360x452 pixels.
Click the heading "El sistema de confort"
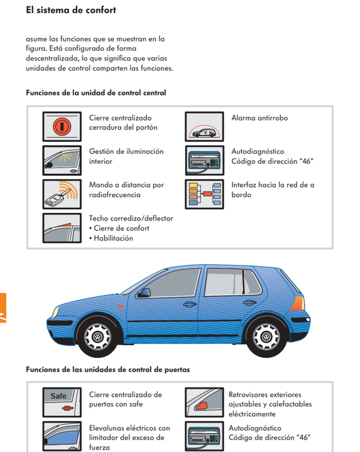71,10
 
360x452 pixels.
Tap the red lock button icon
62,127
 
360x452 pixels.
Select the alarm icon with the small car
204,127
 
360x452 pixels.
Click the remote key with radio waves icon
62,194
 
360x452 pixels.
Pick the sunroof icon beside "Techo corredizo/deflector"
62,228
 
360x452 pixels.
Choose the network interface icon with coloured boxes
204,194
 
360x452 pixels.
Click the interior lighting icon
62,160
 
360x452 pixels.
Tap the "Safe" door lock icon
62,402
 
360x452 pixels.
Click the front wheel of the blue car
97,336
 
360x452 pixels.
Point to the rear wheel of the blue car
266,336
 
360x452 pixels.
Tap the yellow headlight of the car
55,312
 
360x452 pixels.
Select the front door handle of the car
189,304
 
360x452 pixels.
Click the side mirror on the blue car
145,293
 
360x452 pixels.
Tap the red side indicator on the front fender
121,306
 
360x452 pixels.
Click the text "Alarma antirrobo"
259,118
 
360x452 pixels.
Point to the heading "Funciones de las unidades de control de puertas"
108,370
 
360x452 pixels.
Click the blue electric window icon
62,436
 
